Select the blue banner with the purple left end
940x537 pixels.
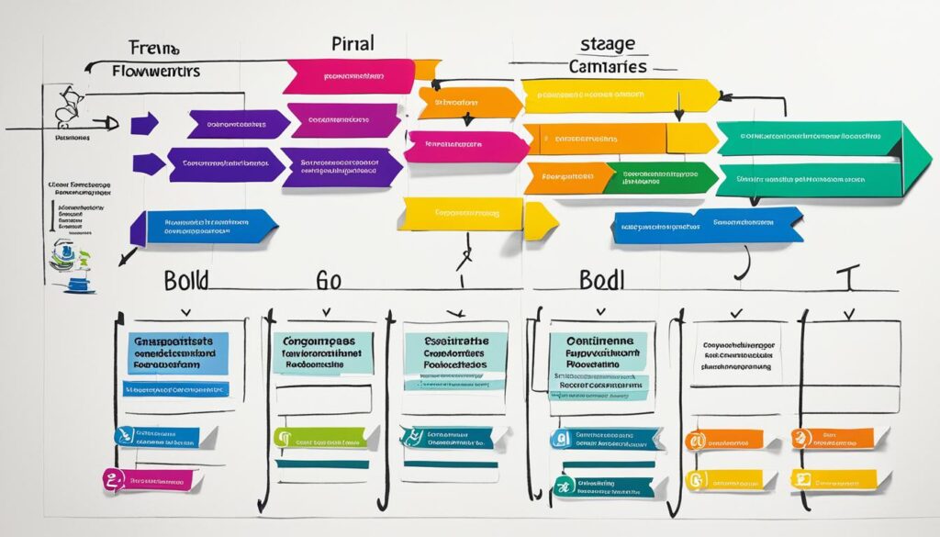pyautogui.click(x=207, y=225)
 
